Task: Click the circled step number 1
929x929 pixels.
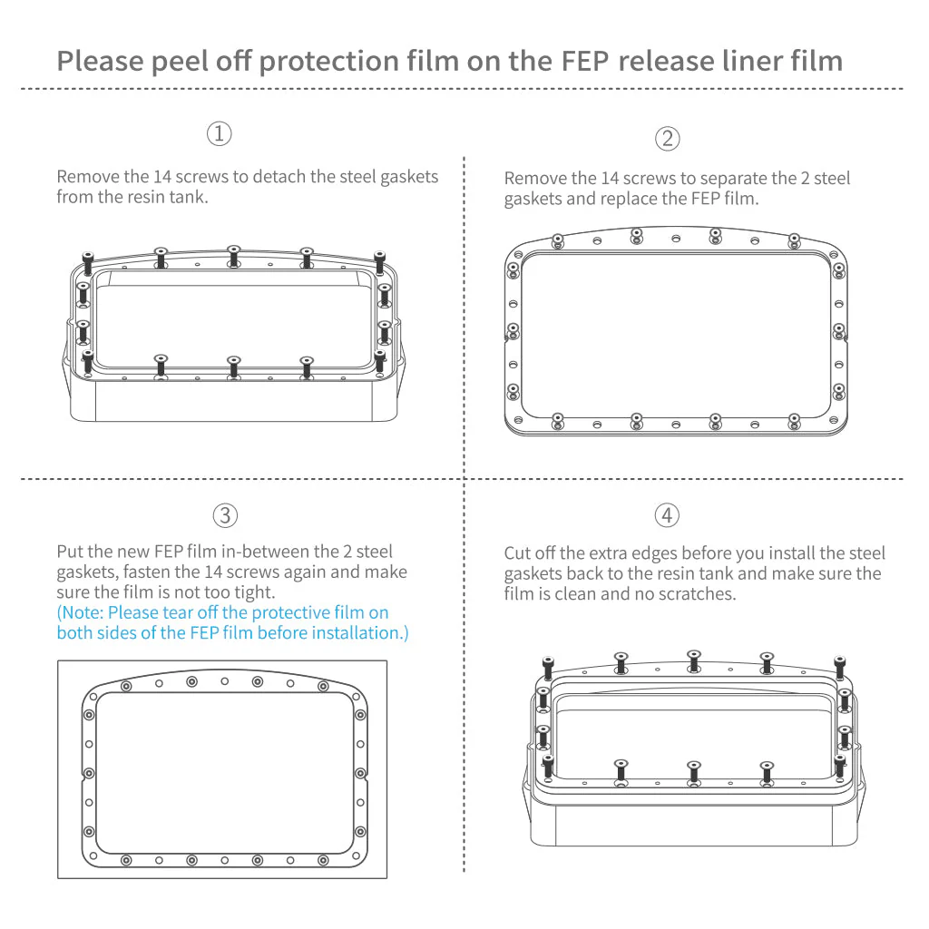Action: [x=220, y=133]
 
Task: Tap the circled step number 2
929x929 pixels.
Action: [x=667, y=138]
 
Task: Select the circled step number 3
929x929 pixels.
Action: [x=225, y=515]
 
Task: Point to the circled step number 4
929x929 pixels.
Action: [x=667, y=515]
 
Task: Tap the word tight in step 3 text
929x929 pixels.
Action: [x=252, y=592]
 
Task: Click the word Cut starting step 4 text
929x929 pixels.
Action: [x=519, y=553]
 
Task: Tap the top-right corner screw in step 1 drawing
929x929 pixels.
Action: [x=379, y=261]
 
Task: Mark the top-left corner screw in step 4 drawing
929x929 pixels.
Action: [x=548, y=666]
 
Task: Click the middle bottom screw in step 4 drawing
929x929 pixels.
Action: [x=694, y=772]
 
